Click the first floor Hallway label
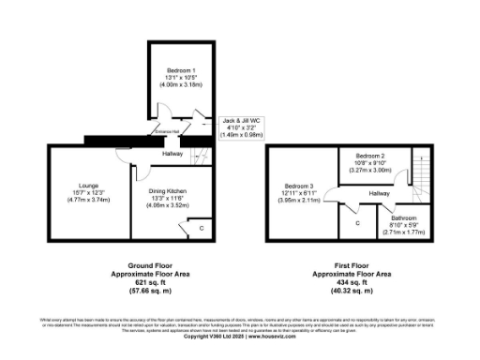378,193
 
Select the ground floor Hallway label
172,154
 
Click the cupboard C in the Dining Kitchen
202,228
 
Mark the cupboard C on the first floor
357,223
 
